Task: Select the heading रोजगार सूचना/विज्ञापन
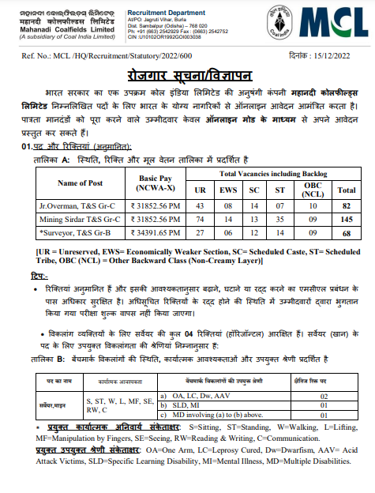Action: click(x=187, y=75)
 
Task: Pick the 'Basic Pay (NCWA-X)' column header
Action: click(x=159, y=183)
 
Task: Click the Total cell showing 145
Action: click(x=345, y=218)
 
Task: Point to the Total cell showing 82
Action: click(x=345, y=205)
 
